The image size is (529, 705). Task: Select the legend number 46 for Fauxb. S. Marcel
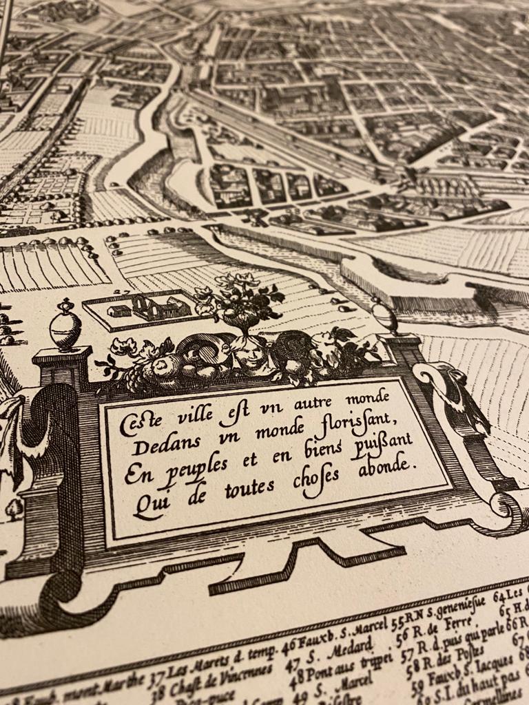coord(289,646)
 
